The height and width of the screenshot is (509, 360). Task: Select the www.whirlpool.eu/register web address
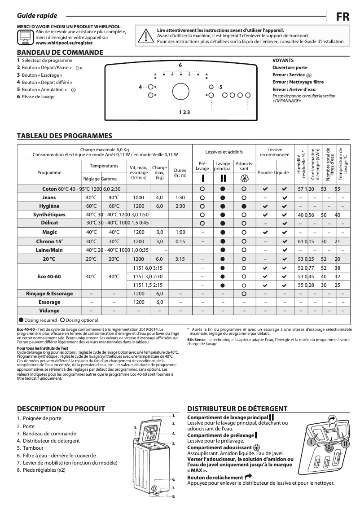tap(64, 43)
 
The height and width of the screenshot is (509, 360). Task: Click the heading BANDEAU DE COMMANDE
tap(60, 52)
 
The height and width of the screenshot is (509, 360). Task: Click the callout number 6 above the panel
tap(180, 66)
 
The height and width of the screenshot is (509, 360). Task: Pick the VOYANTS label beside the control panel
tap(283, 60)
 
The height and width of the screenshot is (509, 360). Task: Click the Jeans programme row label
tap(49, 197)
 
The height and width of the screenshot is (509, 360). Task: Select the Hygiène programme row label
tap(49, 206)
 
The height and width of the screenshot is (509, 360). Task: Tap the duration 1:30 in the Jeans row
tap(180, 197)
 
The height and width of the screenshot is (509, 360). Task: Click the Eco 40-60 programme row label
tap(49, 276)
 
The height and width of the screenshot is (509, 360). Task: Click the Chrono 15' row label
tap(49, 241)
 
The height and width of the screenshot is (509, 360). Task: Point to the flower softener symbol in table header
tap(244, 177)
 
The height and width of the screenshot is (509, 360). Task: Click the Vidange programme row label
tap(49, 311)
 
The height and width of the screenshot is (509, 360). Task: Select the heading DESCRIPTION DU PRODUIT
tap(61, 408)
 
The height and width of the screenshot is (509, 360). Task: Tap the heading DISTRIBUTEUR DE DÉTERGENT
tap(237, 408)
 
